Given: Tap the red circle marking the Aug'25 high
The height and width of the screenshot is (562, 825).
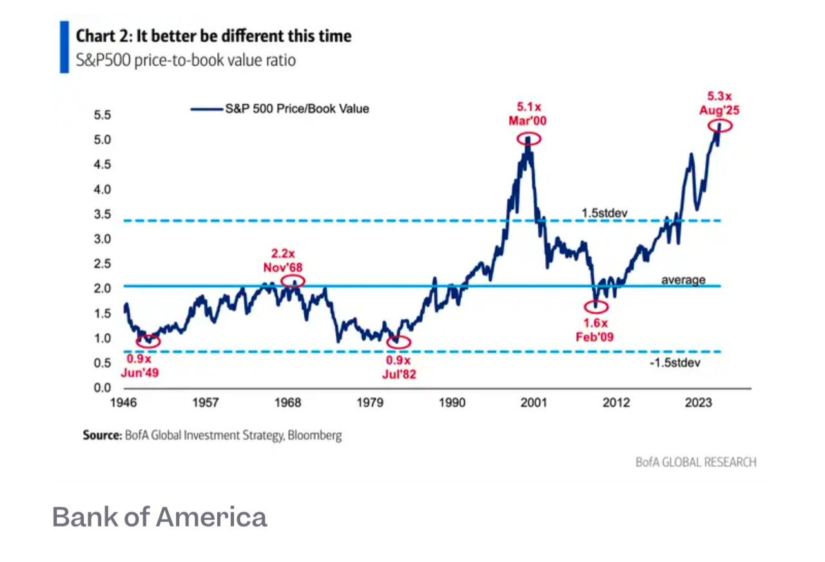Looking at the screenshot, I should pyautogui.click(x=720, y=126).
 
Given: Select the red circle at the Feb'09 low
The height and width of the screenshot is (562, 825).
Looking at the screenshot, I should pyautogui.click(x=596, y=306).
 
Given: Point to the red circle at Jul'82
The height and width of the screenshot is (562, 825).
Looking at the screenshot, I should pyautogui.click(x=398, y=341).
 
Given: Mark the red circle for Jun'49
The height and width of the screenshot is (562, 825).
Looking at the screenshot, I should pyautogui.click(x=148, y=340).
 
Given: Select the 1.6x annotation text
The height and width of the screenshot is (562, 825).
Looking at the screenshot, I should pyautogui.click(x=592, y=323).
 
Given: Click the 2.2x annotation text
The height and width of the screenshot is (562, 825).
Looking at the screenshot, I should pyautogui.click(x=283, y=254).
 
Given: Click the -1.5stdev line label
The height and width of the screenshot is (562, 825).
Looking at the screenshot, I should pyautogui.click(x=676, y=363).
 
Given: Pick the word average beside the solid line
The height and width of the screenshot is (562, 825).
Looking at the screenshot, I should pyautogui.click(x=683, y=280).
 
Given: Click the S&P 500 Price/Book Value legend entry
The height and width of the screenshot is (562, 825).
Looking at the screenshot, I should pyautogui.click(x=296, y=109).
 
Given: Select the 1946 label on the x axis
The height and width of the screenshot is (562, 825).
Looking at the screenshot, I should pyautogui.click(x=122, y=404).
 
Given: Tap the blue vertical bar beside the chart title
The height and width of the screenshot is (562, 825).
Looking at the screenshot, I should pyautogui.click(x=64, y=46).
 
